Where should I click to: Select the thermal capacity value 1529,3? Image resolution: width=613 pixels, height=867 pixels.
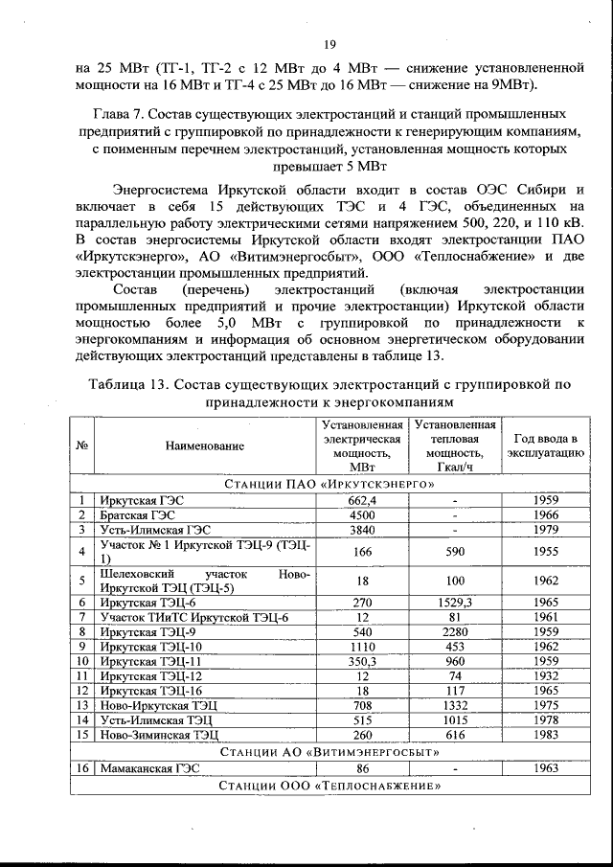click(455, 603)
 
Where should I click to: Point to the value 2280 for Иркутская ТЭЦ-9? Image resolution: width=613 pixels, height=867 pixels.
click(455, 632)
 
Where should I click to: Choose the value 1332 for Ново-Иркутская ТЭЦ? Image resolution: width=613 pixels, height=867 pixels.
click(455, 705)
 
